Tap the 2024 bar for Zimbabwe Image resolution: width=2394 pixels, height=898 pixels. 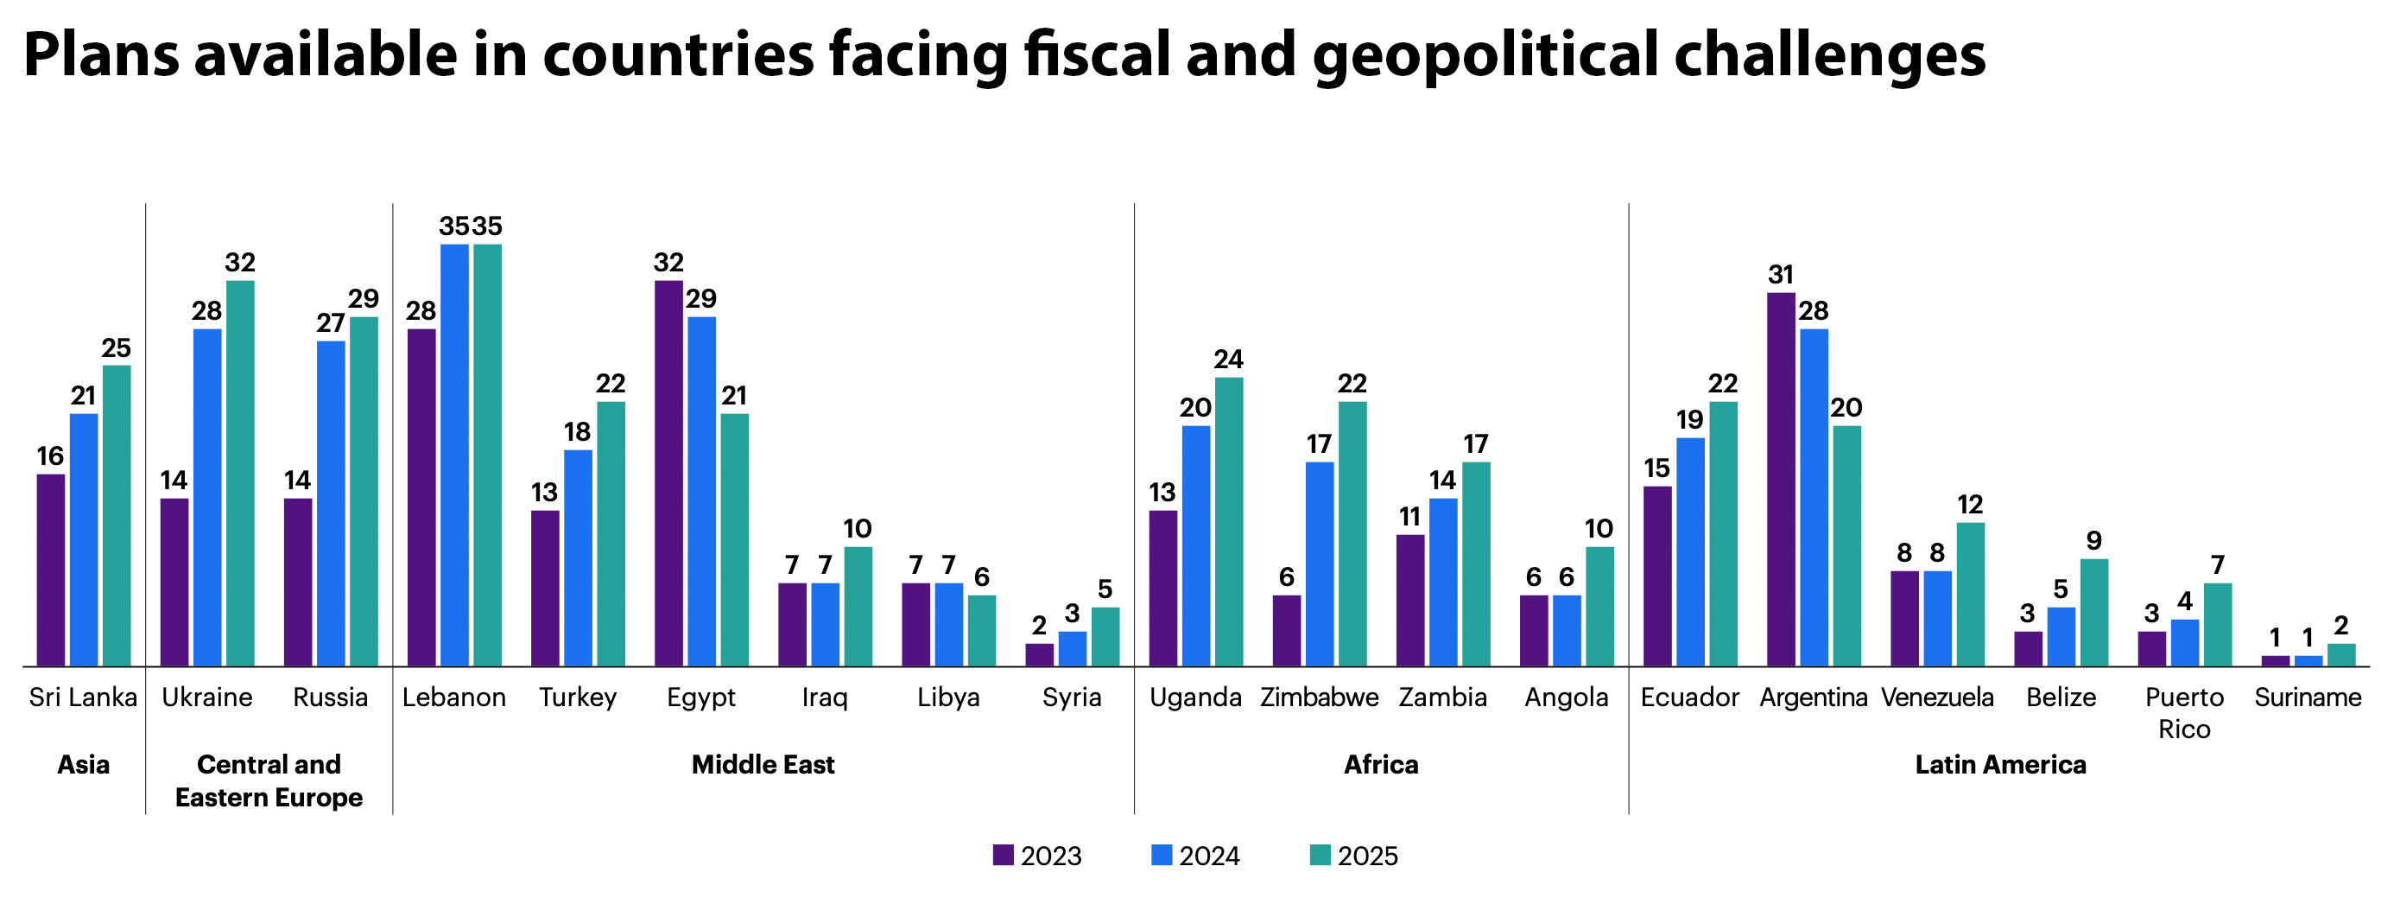click(1319, 564)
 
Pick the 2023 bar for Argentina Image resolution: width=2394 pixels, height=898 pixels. click(1781, 479)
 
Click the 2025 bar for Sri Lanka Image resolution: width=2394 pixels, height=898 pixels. click(117, 515)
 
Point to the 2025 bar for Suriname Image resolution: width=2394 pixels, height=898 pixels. click(2341, 654)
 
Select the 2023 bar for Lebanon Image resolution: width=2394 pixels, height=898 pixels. click(421, 497)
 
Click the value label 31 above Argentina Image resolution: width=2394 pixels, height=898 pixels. click(1781, 274)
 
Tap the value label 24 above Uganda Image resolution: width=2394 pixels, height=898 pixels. click(1229, 359)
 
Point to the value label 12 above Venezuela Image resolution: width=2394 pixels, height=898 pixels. click(1970, 505)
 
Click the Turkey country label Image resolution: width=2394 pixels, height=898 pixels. click(578, 697)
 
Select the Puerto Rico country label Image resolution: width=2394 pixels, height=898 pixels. click(2184, 713)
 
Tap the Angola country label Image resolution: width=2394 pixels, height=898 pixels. click(1566, 697)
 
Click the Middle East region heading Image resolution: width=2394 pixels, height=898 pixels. click(763, 765)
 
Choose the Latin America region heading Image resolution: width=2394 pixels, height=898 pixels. click(2000, 765)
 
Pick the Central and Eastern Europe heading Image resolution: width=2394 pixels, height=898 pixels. click(269, 780)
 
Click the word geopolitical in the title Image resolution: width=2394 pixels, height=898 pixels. click(1485, 56)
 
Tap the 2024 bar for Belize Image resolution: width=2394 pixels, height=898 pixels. click(2061, 637)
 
